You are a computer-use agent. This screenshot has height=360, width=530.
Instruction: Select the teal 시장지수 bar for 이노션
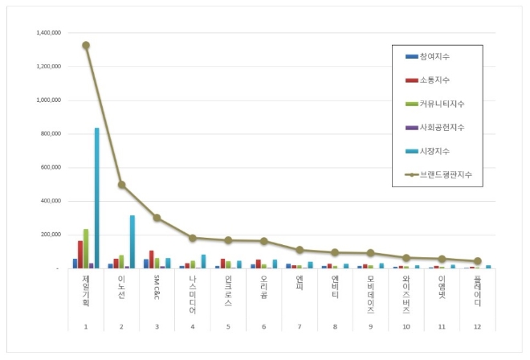coord(132,241)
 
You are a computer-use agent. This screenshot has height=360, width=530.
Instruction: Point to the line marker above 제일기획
coord(86,45)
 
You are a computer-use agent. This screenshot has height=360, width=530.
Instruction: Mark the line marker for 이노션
coord(121,185)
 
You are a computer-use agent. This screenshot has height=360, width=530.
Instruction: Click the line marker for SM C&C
coord(157,218)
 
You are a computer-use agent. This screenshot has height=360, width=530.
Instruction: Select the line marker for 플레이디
coord(478,261)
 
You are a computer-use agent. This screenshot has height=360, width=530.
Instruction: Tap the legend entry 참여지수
coord(434,56)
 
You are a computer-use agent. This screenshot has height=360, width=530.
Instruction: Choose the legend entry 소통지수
coord(434,80)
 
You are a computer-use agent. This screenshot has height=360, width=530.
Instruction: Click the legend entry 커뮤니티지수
coord(441,104)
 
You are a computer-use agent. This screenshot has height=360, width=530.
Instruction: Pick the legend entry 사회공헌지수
coord(441,127)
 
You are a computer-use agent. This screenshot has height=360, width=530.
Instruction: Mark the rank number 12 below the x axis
coord(477,327)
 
